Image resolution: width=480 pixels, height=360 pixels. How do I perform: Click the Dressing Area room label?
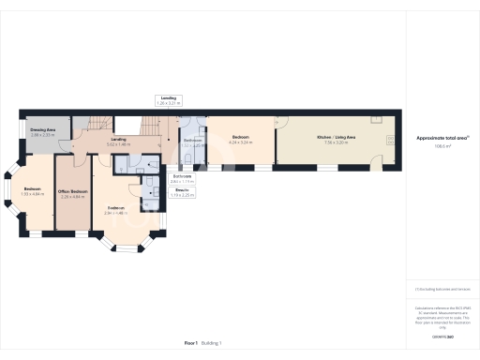(x=43, y=131)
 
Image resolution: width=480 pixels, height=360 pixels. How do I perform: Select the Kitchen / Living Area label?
(x=336, y=137)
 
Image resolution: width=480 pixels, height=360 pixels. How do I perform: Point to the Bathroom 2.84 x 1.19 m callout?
(x=183, y=178)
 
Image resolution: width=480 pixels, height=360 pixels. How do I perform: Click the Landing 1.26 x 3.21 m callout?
(x=168, y=99)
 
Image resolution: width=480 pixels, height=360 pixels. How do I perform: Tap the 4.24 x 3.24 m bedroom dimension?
(x=241, y=143)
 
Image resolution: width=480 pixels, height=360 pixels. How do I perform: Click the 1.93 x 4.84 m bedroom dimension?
(x=33, y=194)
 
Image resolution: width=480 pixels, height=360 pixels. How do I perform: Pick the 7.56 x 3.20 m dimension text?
(x=336, y=143)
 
